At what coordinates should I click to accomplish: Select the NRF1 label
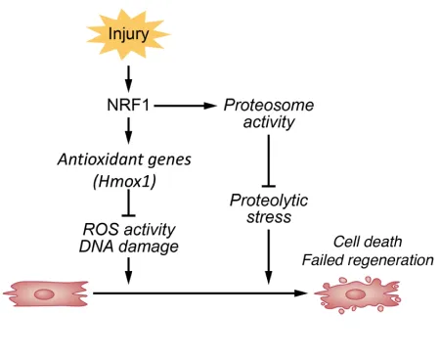click(128, 104)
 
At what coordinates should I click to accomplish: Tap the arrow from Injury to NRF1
click(128, 77)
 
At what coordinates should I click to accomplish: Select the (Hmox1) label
click(128, 182)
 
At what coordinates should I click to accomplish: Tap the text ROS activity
click(128, 229)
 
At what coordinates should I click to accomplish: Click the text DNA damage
click(128, 247)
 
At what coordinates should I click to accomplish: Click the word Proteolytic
click(267, 200)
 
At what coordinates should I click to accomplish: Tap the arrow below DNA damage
click(128, 274)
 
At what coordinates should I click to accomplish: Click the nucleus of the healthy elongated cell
click(44, 292)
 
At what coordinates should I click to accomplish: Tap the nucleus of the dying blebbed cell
click(359, 292)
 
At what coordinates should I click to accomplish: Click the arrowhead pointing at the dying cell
click(302, 292)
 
